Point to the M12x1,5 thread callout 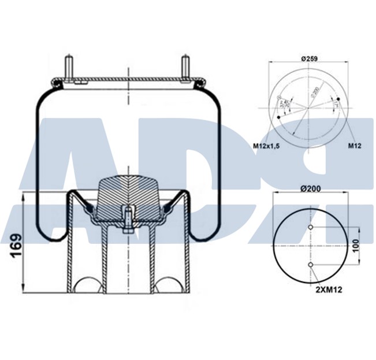coord(266,147)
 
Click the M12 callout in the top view coord(355,146)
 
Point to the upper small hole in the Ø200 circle coord(311,227)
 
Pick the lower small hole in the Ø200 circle coord(311,265)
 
